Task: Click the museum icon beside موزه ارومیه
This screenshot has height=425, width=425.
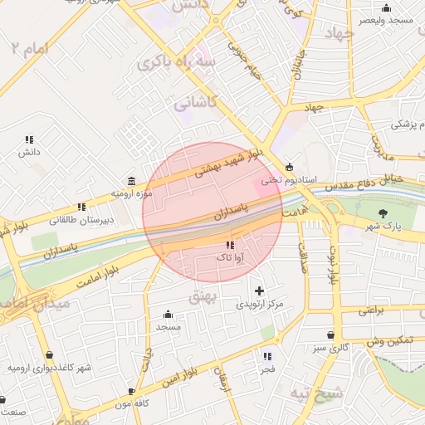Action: (132, 181)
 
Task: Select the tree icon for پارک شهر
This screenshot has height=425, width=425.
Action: (383, 213)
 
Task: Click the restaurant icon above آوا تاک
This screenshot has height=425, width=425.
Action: (229, 246)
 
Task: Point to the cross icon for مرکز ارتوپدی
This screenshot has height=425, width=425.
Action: (260, 291)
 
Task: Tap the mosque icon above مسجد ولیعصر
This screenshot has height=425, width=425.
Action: (386, 7)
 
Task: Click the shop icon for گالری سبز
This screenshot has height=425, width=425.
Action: (331, 335)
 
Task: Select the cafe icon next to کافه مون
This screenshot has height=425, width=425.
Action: (131, 391)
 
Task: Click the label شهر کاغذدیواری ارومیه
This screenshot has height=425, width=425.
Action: (49, 368)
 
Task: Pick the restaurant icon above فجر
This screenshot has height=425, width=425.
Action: (266, 356)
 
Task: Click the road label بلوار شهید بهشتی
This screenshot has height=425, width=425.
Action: (227, 160)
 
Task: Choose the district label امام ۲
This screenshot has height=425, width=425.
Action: (31, 48)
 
